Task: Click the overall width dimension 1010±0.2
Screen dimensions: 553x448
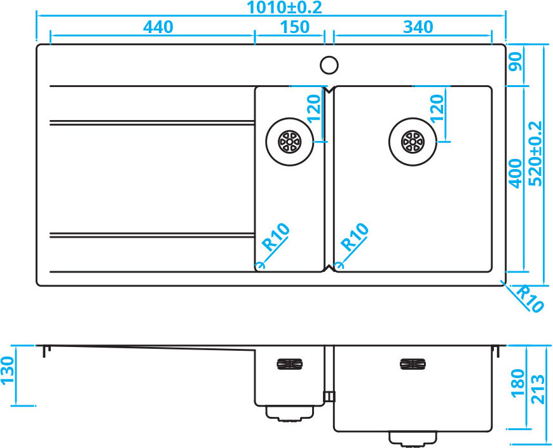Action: (284, 8)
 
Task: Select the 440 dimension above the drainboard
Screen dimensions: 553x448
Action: (158, 27)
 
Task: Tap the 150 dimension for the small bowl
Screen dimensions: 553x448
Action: (295, 27)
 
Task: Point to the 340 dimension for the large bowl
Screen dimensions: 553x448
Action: (418, 27)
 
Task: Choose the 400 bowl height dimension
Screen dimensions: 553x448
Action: (515, 173)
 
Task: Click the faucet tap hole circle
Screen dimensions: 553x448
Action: (329, 65)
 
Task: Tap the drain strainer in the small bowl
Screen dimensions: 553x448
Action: (290, 142)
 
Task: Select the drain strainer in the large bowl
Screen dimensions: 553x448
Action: (413, 142)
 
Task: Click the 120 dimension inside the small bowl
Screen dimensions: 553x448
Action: (314, 109)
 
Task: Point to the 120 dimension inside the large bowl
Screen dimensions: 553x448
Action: (437, 108)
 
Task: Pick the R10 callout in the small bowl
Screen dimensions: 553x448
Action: (276, 237)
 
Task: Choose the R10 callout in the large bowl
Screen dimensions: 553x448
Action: (355, 237)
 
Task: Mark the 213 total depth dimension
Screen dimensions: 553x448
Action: (538, 389)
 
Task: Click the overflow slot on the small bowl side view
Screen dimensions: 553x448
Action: (290, 363)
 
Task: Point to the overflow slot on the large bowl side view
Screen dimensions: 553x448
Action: (413, 363)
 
